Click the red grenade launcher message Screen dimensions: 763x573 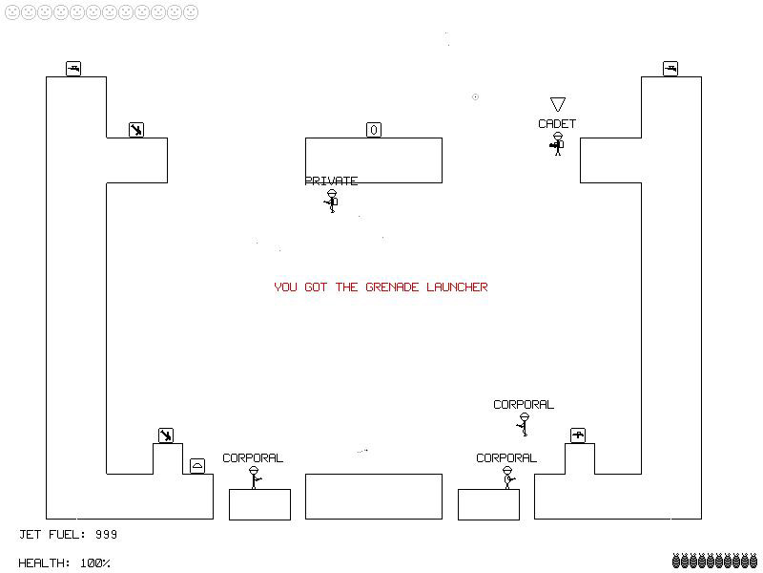pos(381,287)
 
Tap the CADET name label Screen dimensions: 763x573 pos(557,124)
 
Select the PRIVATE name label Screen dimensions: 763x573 pos(331,181)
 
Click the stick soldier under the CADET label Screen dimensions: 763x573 pos(558,144)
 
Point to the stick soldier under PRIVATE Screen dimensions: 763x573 pos(332,201)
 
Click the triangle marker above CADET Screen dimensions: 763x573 pos(558,104)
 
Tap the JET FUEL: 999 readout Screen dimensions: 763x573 pos(68,535)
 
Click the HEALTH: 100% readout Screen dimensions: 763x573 pos(64,563)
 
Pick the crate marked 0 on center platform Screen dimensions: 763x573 pos(374,130)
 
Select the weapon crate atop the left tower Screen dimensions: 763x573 pos(73,69)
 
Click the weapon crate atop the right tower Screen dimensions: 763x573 pos(670,69)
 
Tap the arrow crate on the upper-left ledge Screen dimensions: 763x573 pos(136,130)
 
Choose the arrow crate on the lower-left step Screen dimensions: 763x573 pos(166,435)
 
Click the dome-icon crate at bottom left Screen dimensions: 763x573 pos(197,466)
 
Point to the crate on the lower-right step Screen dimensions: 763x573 pos(578,435)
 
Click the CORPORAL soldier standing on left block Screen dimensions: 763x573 pos(254,477)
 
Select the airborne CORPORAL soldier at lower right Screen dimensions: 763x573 pos(524,424)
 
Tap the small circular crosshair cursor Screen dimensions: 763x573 pos(475,97)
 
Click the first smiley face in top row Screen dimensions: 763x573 pos(12,12)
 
